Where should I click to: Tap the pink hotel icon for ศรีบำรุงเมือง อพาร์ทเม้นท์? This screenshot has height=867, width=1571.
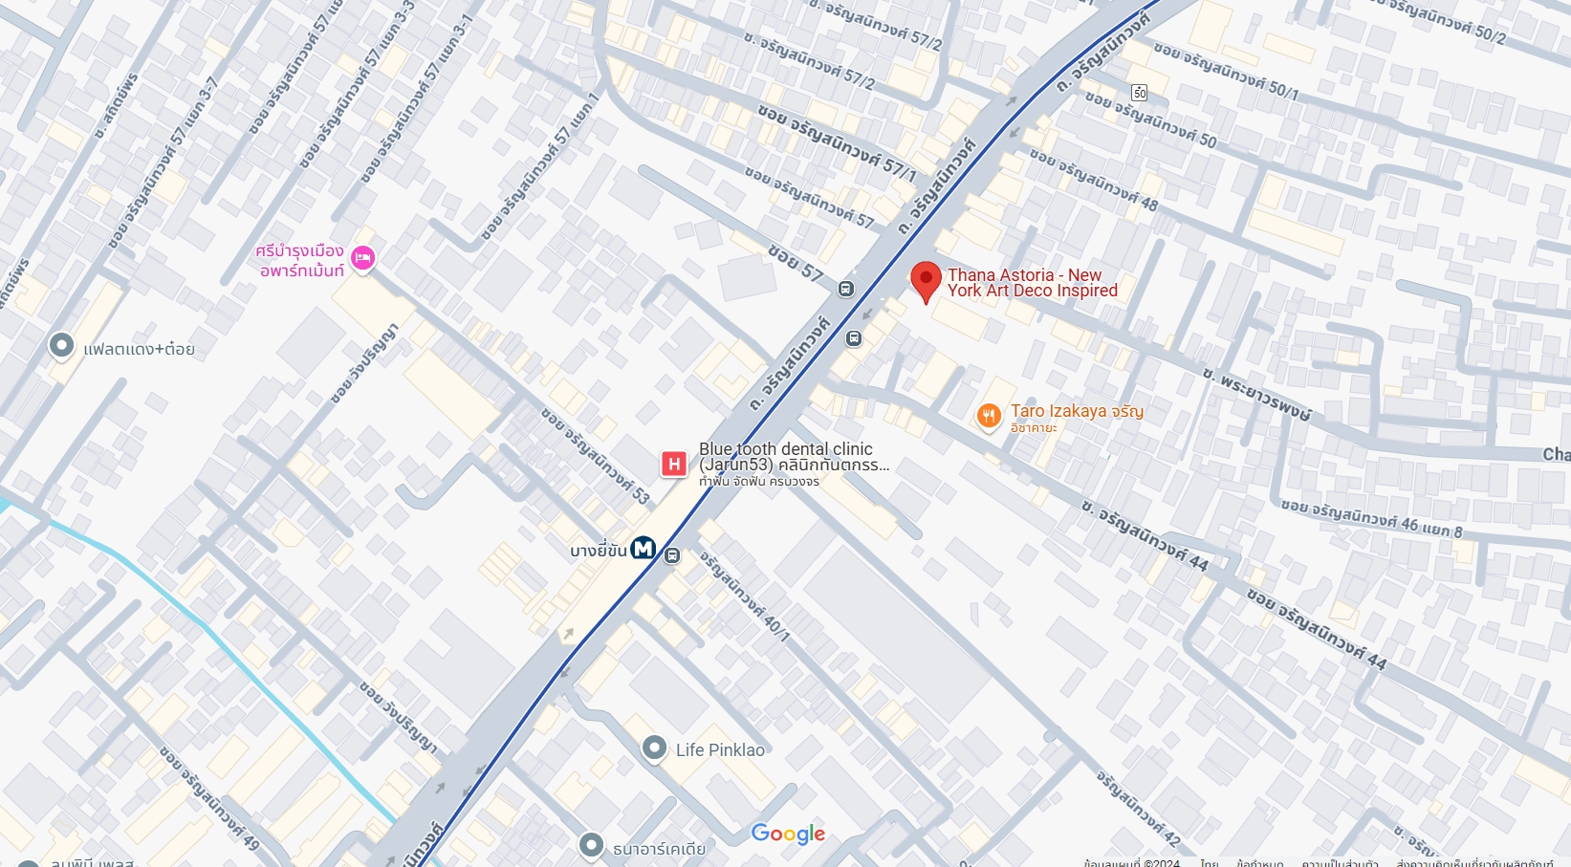point(362,258)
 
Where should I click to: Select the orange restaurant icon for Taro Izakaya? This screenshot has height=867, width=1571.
point(988,416)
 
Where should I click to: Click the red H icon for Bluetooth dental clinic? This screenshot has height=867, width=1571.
point(674,465)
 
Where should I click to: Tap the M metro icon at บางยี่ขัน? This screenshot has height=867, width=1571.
point(643,549)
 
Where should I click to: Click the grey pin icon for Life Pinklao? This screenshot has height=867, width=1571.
point(654,748)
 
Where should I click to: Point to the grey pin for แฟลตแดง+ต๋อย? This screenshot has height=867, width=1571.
point(61,345)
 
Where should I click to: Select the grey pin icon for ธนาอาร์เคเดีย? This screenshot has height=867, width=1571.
point(591,844)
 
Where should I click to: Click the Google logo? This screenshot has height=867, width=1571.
point(788,834)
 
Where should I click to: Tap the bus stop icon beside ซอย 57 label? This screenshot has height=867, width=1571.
point(846,289)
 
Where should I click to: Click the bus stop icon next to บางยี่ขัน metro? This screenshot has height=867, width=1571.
point(672,555)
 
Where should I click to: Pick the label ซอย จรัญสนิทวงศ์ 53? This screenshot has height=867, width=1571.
point(596,455)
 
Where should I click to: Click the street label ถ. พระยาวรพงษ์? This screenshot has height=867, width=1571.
point(1256,392)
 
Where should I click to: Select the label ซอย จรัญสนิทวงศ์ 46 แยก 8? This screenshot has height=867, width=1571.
point(1371,517)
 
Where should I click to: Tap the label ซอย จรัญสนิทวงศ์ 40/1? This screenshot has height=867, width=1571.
point(744,596)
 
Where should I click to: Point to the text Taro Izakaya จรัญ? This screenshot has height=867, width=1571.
point(1077,411)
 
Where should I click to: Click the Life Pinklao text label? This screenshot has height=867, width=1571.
point(720,750)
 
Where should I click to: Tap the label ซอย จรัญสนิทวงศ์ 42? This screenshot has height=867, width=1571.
point(1138,808)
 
